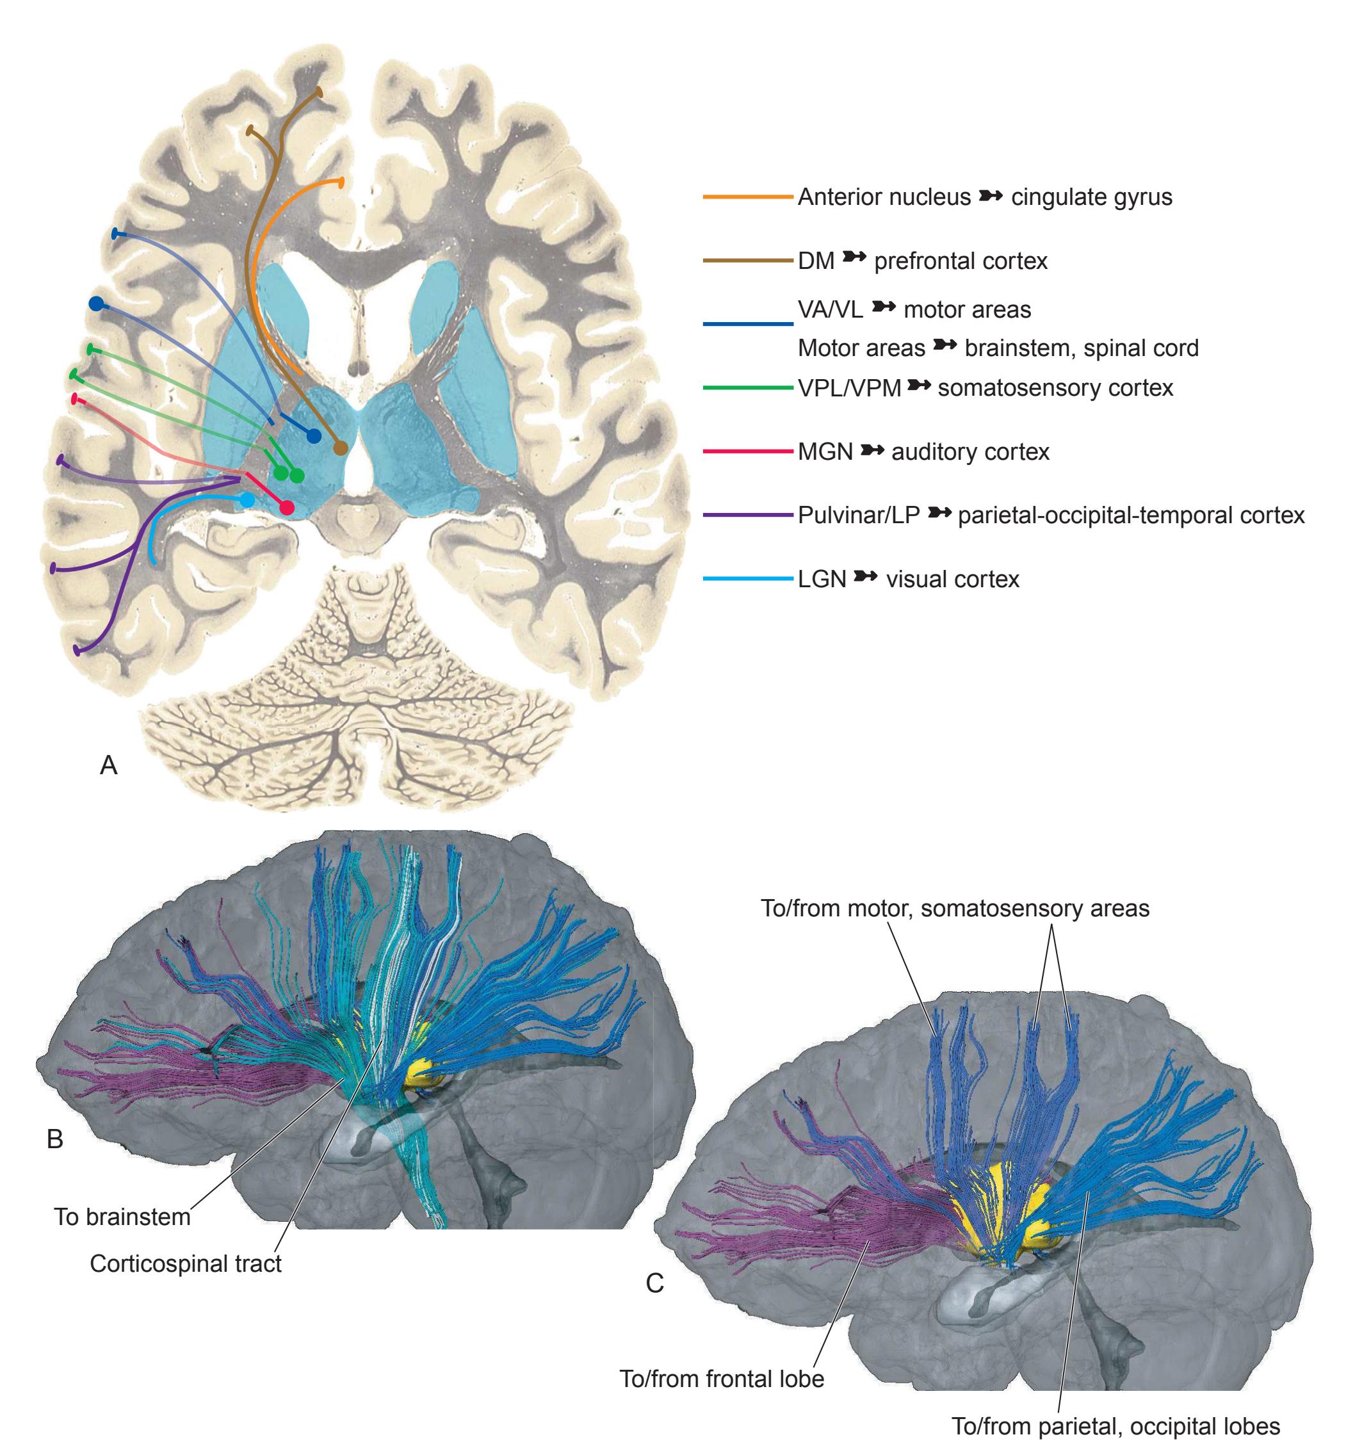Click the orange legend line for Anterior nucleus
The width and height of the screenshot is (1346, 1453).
[x=747, y=197]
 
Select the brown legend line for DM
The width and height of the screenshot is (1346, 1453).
[x=747, y=260]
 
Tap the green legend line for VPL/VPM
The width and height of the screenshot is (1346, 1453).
[x=747, y=388]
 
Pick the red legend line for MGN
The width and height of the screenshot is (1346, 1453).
[x=747, y=451]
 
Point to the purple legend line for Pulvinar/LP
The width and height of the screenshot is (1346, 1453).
[x=747, y=515]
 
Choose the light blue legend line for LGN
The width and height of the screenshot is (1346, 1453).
[x=747, y=579]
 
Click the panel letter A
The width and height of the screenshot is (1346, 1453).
[x=108, y=765]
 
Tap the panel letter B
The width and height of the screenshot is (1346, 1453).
[x=54, y=1139]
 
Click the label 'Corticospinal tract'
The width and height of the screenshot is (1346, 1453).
[x=186, y=1263]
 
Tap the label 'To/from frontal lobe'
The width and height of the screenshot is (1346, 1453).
[x=722, y=1379]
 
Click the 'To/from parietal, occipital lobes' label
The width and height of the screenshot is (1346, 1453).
[x=1116, y=1426]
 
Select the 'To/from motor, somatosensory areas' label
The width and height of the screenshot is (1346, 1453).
[x=955, y=908]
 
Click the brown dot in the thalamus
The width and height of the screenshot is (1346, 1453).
[x=340, y=449]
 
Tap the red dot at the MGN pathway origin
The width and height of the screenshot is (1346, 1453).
[x=287, y=508]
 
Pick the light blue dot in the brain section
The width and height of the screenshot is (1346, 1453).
[x=248, y=499]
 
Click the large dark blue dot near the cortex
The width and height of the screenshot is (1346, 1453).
[x=95, y=304]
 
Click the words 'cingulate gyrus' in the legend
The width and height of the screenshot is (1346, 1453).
[x=1091, y=197]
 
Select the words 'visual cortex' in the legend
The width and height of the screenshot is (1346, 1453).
[x=953, y=580]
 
